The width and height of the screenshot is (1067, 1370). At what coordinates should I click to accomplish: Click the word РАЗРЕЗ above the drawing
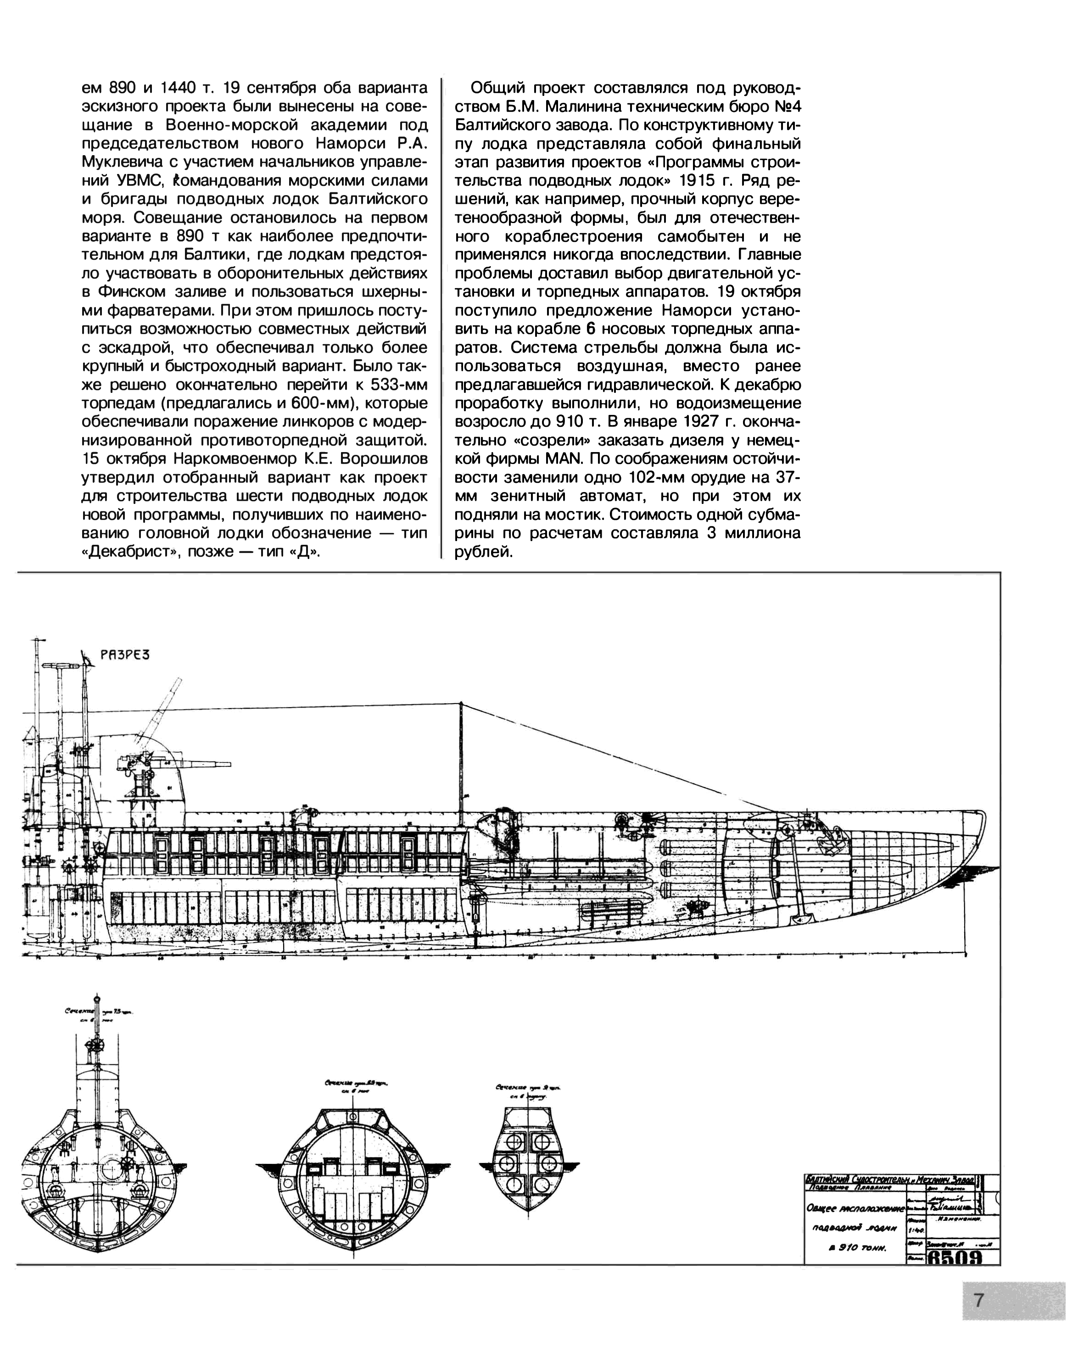(x=125, y=655)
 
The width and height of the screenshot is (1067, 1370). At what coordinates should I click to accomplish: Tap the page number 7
(x=978, y=1300)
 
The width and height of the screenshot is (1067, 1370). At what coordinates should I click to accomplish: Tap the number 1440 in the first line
(x=181, y=87)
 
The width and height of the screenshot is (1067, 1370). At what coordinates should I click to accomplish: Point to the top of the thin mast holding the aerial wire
(x=461, y=703)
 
